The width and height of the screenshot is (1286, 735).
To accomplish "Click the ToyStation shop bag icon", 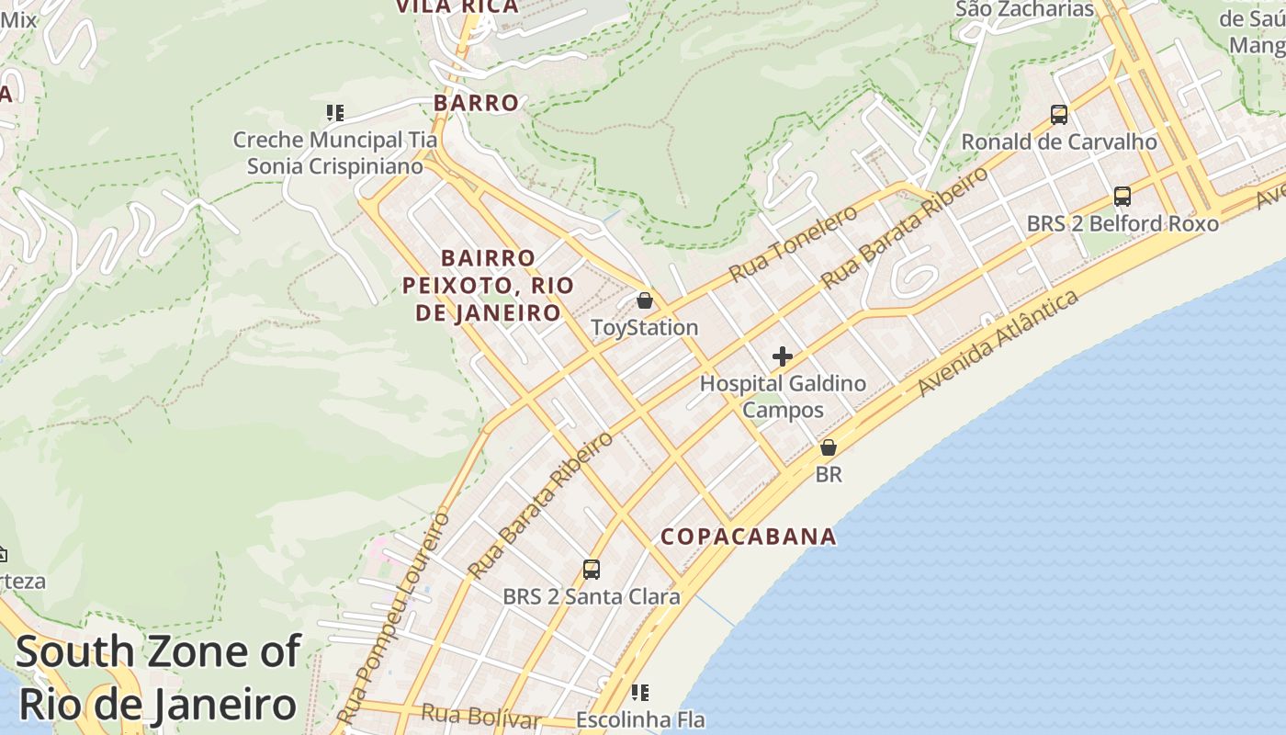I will (645, 300).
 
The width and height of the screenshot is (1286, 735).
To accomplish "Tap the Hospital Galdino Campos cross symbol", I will (783, 356).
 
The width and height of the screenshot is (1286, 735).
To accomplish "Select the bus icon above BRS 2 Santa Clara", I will (592, 570).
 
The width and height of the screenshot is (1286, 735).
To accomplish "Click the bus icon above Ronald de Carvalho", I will (1059, 115).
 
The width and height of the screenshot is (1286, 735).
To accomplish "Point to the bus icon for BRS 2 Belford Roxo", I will (1122, 196).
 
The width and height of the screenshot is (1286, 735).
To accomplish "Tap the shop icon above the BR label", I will (829, 448).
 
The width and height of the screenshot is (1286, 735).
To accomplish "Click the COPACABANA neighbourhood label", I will (749, 537).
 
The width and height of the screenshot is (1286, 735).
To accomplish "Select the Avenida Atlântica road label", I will (998, 345).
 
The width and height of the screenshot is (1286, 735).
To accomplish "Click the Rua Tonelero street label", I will (794, 243).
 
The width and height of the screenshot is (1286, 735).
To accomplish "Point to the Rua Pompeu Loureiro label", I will (393, 617).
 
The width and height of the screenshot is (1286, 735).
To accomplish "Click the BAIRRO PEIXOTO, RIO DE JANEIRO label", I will (488, 285).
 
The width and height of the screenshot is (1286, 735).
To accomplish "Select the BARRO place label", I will (476, 103).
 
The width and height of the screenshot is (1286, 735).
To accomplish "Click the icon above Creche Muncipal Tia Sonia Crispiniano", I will (335, 113).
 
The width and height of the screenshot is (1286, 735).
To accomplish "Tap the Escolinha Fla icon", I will (640, 692).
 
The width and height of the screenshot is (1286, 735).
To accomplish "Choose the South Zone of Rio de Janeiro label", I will (158, 678).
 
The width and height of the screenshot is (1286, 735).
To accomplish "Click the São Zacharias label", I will (1025, 9).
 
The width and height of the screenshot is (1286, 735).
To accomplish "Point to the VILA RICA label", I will (457, 6).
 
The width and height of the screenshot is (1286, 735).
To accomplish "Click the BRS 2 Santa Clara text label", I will (592, 596).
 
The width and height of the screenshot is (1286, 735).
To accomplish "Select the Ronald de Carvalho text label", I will (1059, 141).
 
